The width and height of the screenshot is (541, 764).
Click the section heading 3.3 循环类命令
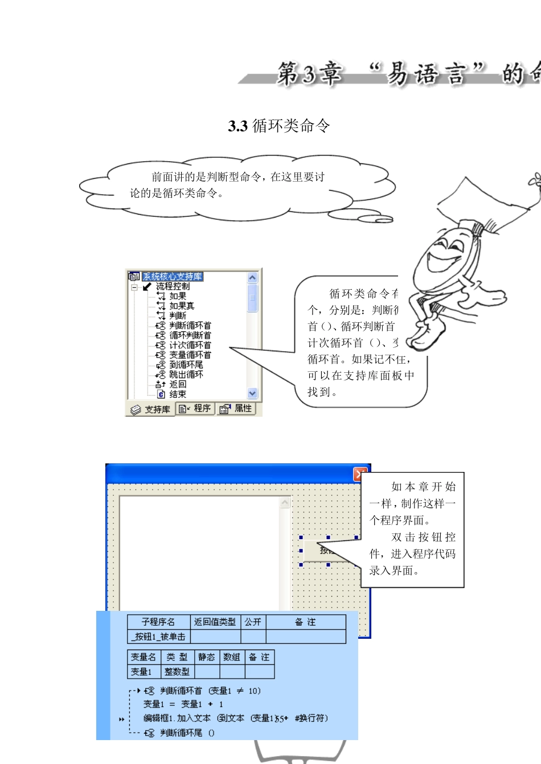[278, 126]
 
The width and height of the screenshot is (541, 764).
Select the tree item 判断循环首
[190, 326]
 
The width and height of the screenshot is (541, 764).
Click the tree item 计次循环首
[190, 345]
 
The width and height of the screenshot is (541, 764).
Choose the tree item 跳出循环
[186, 375]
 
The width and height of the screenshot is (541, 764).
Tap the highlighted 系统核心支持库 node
[172, 277]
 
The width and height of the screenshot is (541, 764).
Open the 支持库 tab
[151, 409]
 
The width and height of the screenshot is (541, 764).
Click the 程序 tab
[195, 409]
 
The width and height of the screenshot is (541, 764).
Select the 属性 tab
[236, 409]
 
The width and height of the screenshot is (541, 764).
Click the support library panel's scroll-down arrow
[252, 393]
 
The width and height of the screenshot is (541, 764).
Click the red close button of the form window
[359, 474]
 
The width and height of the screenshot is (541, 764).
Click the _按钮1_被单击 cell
[158, 636]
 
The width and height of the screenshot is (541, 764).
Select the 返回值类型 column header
[215, 622]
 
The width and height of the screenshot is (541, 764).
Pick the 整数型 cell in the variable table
[177, 672]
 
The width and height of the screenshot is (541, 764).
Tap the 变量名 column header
[144, 657]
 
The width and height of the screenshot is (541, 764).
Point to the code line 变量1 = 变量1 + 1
[183, 704]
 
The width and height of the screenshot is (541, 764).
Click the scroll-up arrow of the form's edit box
[285, 503]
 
